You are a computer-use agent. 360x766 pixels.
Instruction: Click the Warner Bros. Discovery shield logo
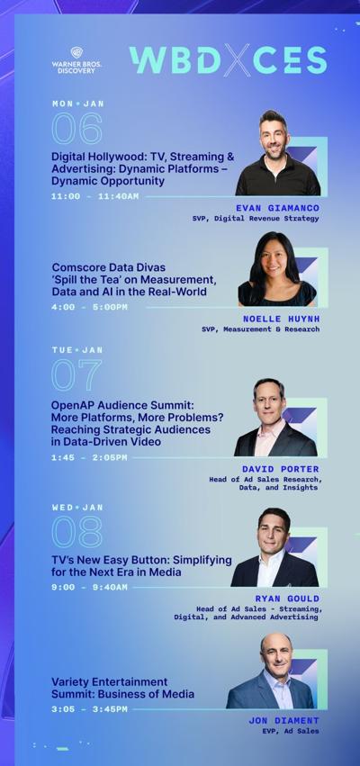click(76, 53)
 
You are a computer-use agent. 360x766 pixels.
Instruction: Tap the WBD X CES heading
click(228, 60)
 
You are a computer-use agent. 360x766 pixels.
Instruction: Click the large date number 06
click(77, 129)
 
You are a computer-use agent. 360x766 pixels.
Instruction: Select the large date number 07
click(76, 374)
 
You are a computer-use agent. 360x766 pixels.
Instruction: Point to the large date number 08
click(77, 532)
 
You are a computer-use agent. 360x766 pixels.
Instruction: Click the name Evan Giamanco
click(277, 208)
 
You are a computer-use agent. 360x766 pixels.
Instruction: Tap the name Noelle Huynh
click(282, 319)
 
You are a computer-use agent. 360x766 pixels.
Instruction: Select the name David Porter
click(281, 470)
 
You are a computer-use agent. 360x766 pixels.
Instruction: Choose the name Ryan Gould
click(287, 599)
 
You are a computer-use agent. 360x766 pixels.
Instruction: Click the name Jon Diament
click(283, 721)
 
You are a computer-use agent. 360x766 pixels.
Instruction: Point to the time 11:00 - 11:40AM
click(94, 196)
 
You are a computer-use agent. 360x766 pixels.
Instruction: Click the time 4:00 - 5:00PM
click(89, 307)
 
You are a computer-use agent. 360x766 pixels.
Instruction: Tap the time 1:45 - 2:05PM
click(89, 458)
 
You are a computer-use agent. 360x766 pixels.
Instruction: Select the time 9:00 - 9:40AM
click(89, 587)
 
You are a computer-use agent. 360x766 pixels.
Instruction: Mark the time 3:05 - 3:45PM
click(89, 709)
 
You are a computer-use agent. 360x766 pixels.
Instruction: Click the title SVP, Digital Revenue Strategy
click(256, 219)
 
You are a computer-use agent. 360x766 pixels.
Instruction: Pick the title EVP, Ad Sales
click(290, 731)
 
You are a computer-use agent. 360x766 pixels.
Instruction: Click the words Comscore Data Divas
click(108, 267)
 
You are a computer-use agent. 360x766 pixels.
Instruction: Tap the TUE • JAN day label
click(77, 350)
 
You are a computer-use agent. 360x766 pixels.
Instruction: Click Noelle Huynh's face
click(275, 262)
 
